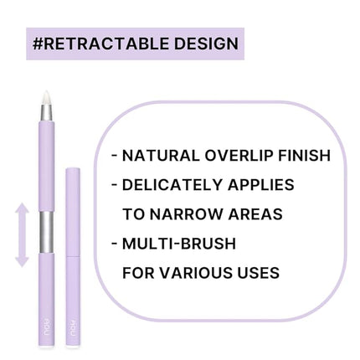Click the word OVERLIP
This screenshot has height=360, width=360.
point(242,156)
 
